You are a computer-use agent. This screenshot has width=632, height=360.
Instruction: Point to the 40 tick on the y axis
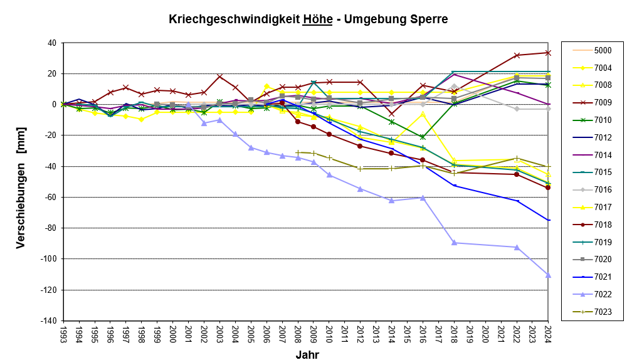(51, 43)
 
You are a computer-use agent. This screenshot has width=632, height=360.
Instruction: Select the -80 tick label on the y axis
(50, 228)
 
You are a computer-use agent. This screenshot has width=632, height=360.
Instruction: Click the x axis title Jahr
(307, 354)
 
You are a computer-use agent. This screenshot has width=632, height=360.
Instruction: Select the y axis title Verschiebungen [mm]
(21, 182)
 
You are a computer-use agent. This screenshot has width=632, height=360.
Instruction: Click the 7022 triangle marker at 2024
(548, 275)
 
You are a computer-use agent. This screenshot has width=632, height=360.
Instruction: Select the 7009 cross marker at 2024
(548, 53)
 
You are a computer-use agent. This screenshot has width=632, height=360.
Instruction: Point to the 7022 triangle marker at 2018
(454, 243)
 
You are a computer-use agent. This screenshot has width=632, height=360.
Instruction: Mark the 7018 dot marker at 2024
(548, 188)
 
